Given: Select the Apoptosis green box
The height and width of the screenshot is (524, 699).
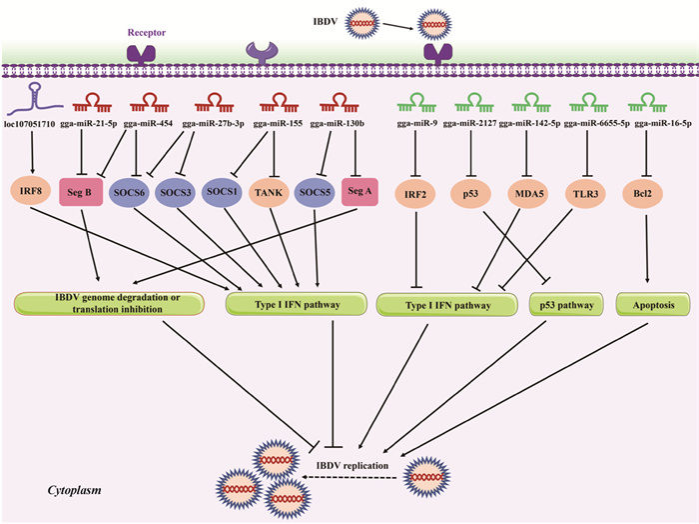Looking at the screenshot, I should [649, 303].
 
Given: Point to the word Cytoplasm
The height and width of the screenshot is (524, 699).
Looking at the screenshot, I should [76, 492].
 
